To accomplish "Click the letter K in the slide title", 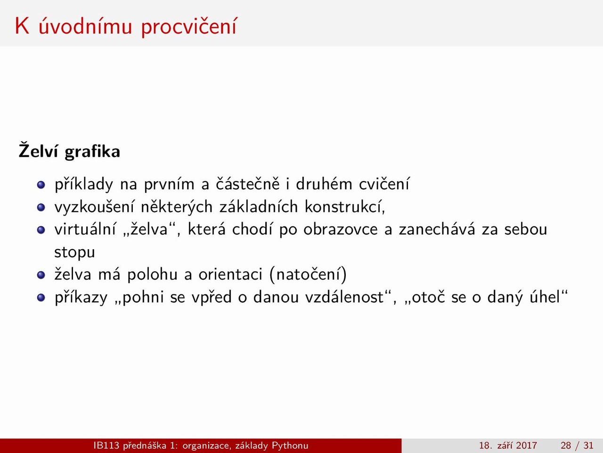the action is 22,26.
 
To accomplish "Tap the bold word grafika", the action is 93,152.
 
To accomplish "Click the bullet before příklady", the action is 41,185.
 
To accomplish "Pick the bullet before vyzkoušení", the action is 41,207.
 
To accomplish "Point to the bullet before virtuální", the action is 41,230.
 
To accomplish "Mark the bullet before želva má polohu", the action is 41,275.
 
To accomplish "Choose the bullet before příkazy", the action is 41,298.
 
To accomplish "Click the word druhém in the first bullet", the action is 324,184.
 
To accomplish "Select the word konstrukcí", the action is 345,207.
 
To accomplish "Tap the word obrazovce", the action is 341,229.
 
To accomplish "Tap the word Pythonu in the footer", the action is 290,445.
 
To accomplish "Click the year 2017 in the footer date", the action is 526,445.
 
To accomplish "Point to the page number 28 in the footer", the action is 566,445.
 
